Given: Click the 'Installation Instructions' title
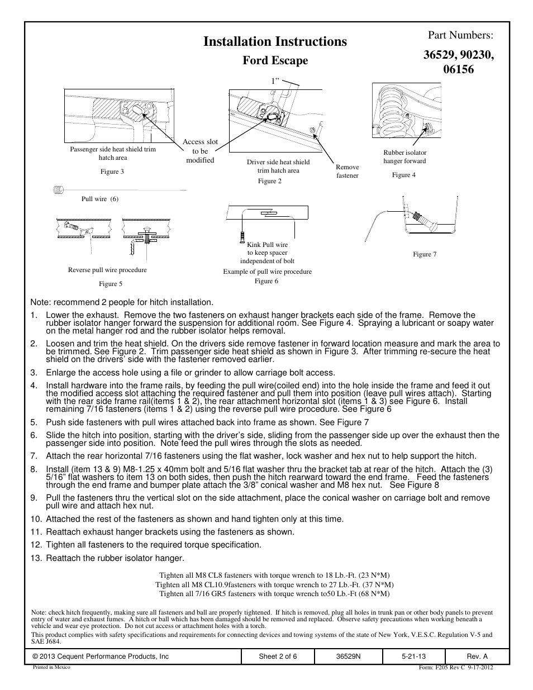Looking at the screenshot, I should tap(275, 41).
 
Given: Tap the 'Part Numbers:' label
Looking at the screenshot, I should tap(460, 35).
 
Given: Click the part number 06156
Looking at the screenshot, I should tap(458, 70).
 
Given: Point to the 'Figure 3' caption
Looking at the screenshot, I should tap(112, 172).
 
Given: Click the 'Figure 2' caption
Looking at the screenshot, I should tap(269, 181).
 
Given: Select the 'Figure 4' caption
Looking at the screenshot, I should tap(404, 175).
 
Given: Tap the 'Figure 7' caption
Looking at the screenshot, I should tap(425, 254).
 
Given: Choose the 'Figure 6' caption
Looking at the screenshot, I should tap(266, 281).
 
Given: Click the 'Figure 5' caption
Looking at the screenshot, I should tap(111, 284).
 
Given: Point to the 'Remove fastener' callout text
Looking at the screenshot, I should tap(348, 171).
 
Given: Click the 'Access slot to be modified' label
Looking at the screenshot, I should tap(200, 151).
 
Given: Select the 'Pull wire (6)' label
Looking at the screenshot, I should tap(100, 199).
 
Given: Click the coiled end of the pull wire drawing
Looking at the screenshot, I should tap(57, 190).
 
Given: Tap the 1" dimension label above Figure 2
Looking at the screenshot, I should tap(275, 82).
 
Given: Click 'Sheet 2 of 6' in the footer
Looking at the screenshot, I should tap(278, 656).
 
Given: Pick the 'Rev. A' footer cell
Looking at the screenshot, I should tap(477, 656).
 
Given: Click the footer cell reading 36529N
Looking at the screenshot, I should tap(349, 656).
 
